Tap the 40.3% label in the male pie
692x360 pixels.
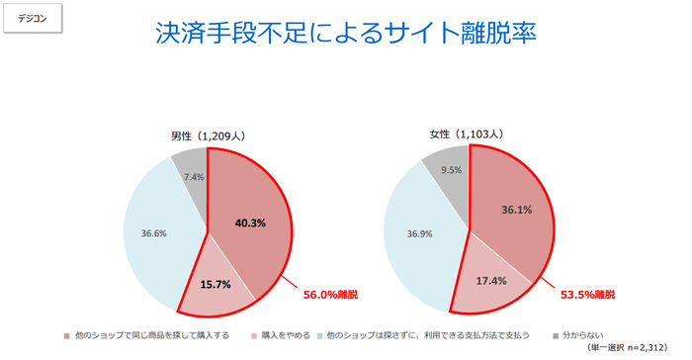click(250, 223)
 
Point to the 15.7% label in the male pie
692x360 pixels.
click(216, 284)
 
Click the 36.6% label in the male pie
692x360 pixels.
click(153, 233)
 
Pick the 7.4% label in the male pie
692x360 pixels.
click(193, 177)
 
